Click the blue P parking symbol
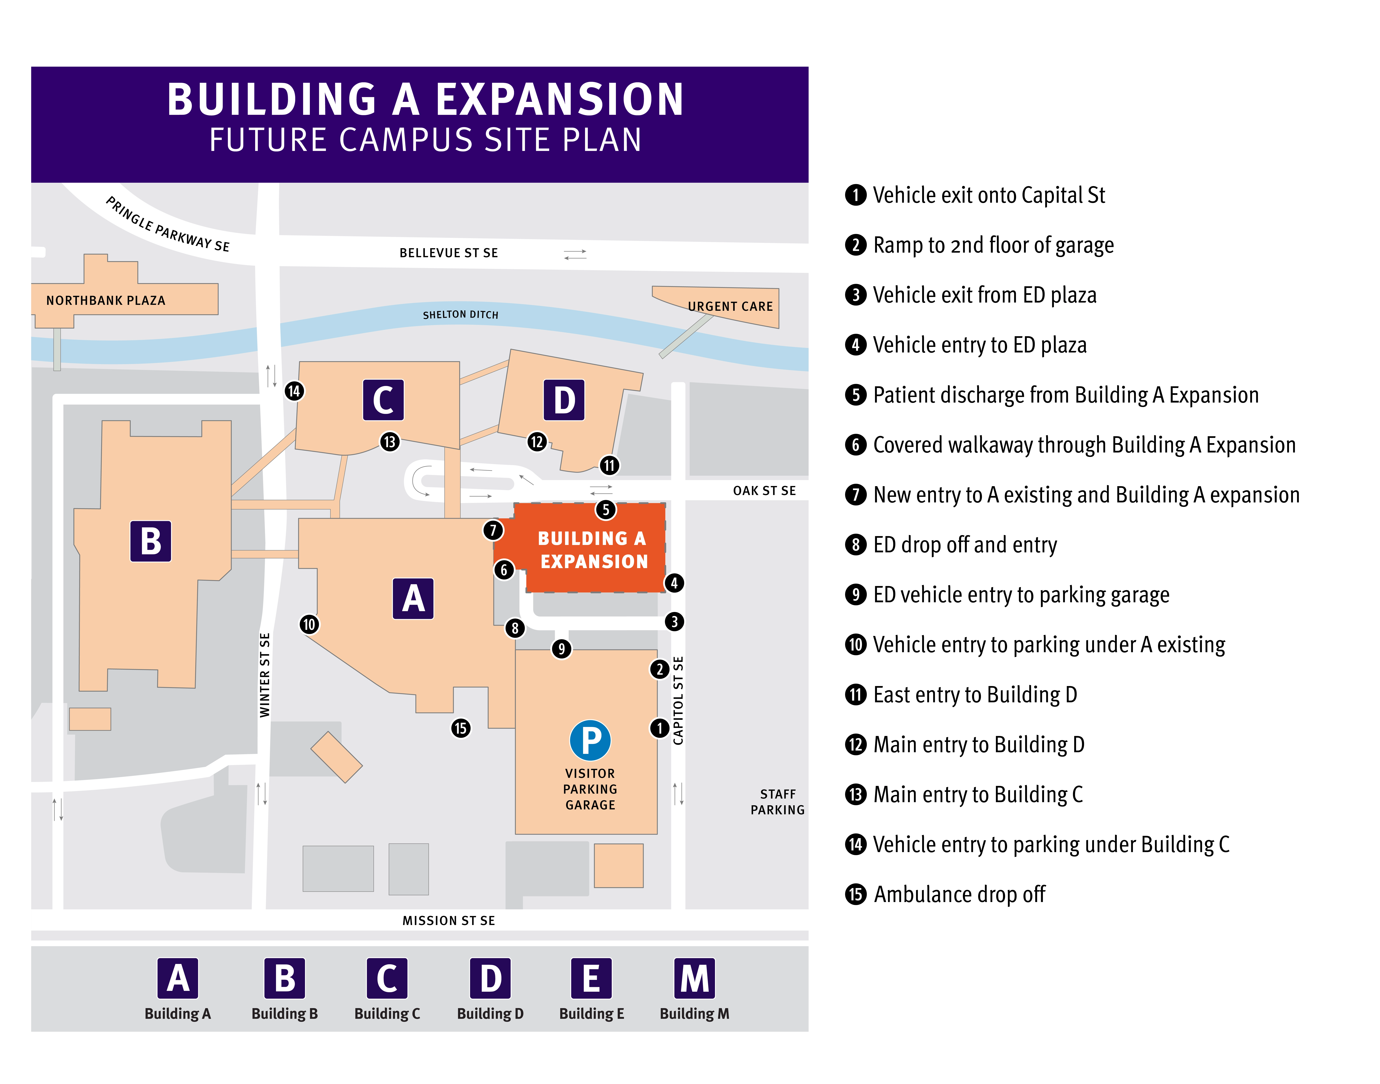click(590, 740)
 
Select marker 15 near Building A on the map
click(461, 728)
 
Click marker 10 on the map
click(309, 624)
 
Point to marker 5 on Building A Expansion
click(606, 509)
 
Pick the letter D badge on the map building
click(564, 400)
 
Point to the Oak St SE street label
click(764, 491)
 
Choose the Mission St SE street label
click(448, 920)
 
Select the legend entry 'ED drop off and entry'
click(965, 544)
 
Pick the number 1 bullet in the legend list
click(856, 195)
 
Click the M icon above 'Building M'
click(694, 978)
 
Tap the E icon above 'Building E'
click(591, 978)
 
